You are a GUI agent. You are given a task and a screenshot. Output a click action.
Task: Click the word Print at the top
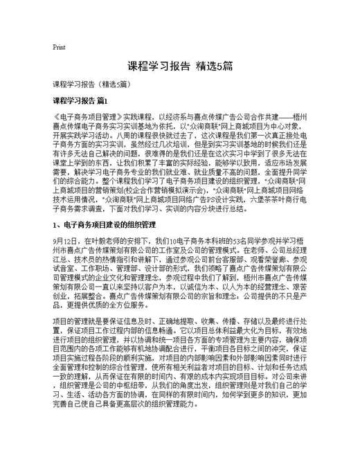(59, 47)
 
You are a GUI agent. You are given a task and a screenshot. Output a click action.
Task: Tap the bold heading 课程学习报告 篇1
(86, 102)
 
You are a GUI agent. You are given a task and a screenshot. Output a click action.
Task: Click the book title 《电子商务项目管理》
(87, 119)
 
